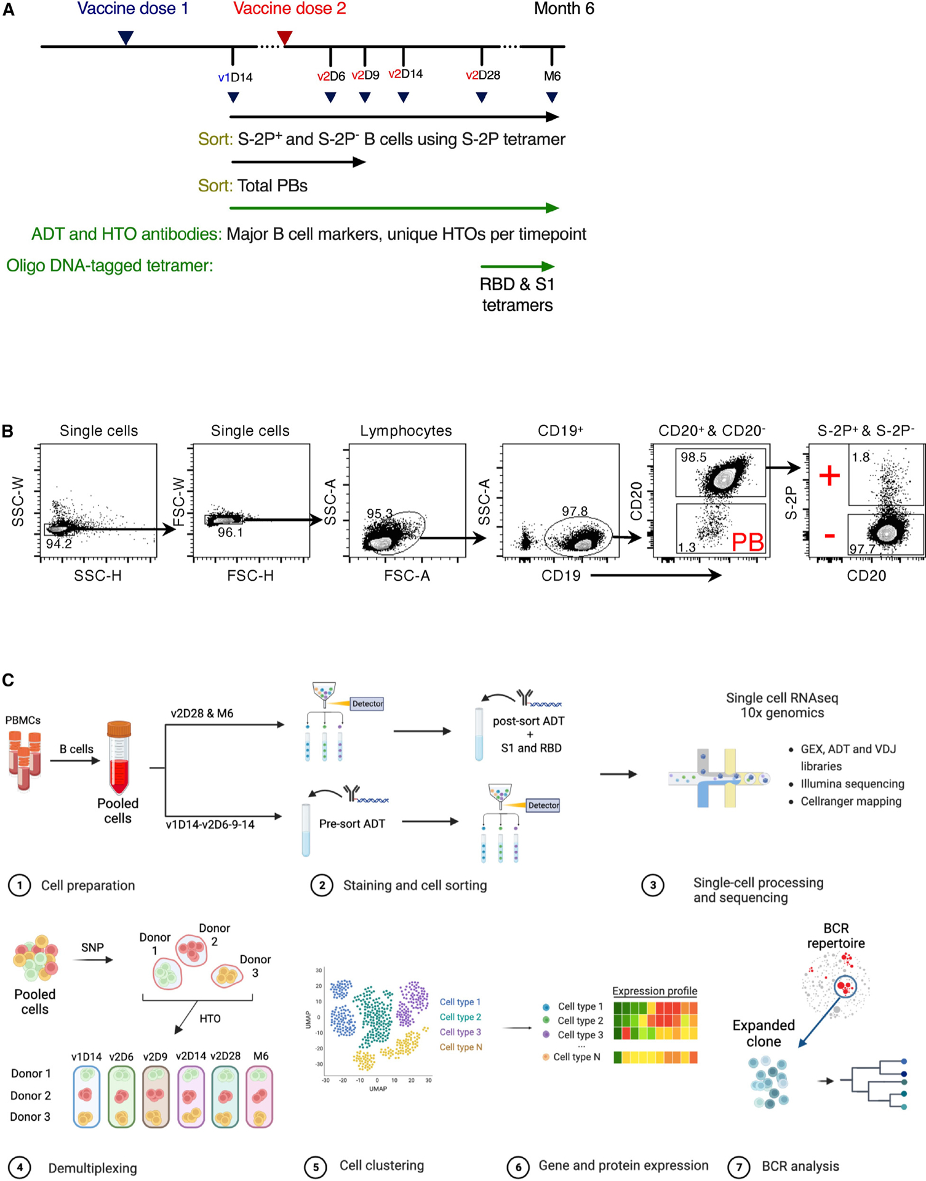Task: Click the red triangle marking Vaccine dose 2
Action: (x=284, y=38)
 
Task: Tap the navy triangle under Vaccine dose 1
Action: (x=126, y=38)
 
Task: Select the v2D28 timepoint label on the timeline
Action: (x=482, y=75)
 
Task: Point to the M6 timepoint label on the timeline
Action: (x=552, y=76)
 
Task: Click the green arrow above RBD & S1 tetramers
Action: (x=517, y=266)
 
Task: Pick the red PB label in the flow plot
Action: (x=748, y=542)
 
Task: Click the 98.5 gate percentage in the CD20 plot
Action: (x=693, y=458)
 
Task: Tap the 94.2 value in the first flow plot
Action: (x=59, y=544)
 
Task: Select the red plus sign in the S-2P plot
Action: (x=829, y=475)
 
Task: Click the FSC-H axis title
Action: (x=250, y=576)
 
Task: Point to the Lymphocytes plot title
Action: (x=406, y=431)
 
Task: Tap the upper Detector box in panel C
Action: (x=367, y=703)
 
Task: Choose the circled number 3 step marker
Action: (x=653, y=886)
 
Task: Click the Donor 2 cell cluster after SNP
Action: (x=193, y=949)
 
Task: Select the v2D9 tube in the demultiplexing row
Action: (x=156, y=1097)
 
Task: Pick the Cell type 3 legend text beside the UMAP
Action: (x=460, y=1032)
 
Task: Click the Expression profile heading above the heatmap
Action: (x=655, y=991)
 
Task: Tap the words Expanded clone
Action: (x=764, y=1033)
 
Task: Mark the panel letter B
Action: (x=8, y=431)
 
